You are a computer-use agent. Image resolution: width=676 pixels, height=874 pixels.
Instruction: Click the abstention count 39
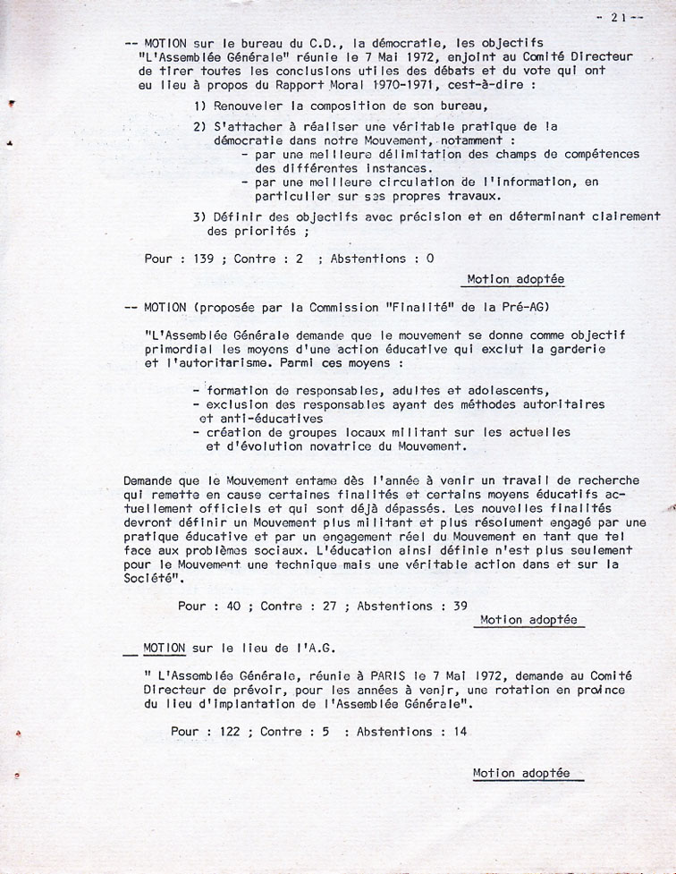coord(460,606)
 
